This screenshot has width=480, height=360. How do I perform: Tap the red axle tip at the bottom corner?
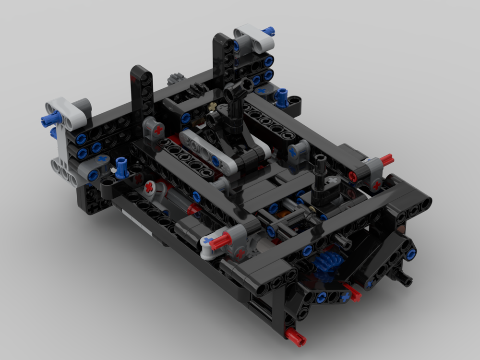coord(295,337)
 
